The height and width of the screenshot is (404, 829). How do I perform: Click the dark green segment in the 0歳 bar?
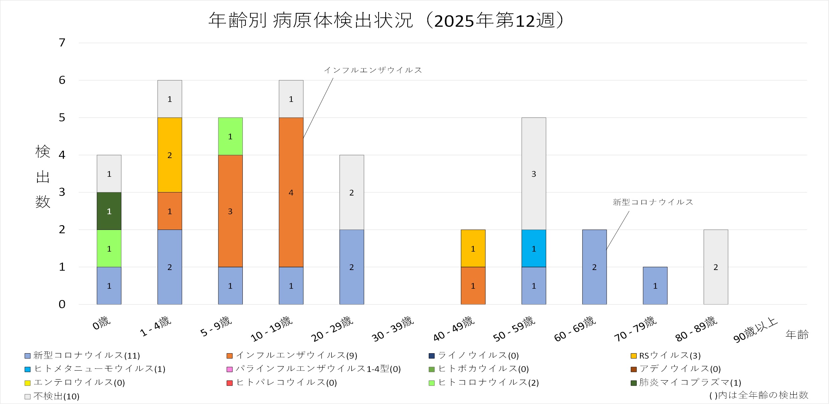[x=109, y=211]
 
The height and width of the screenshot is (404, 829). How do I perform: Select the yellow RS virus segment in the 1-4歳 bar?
[x=170, y=155]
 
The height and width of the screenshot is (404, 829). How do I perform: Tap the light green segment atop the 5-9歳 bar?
[x=230, y=136]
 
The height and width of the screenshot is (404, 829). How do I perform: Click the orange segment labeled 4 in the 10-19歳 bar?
[x=291, y=192]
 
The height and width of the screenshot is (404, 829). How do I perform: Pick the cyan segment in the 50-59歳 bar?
[x=534, y=248]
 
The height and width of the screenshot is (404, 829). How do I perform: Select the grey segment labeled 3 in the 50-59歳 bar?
[x=534, y=173]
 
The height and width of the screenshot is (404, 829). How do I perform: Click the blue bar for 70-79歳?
[x=655, y=286]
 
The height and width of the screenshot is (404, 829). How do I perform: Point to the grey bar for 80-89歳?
[x=716, y=267]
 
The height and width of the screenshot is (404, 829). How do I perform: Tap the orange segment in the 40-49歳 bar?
[x=473, y=286]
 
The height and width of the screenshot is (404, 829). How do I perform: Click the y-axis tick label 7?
[x=62, y=43]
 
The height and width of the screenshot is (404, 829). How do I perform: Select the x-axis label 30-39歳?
[x=393, y=329]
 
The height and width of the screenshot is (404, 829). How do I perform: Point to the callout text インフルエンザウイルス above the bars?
[x=373, y=70]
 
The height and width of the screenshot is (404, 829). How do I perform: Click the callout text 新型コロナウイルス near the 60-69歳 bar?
[x=653, y=202]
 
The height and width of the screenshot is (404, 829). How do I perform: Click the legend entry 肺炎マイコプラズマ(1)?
[x=690, y=383]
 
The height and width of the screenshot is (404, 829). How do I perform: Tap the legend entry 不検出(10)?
[x=56, y=396]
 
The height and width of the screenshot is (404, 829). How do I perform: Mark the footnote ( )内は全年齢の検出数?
[x=758, y=395]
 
